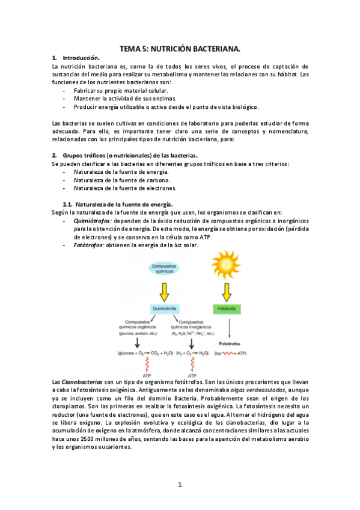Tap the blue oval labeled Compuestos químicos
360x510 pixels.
point(163,268)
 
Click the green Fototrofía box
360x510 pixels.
point(227,309)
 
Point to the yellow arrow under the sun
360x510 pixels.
point(227,292)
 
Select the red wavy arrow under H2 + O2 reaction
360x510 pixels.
point(192,363)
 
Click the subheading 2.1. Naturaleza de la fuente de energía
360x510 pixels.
point(118,204)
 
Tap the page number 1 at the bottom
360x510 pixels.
point(180,484)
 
